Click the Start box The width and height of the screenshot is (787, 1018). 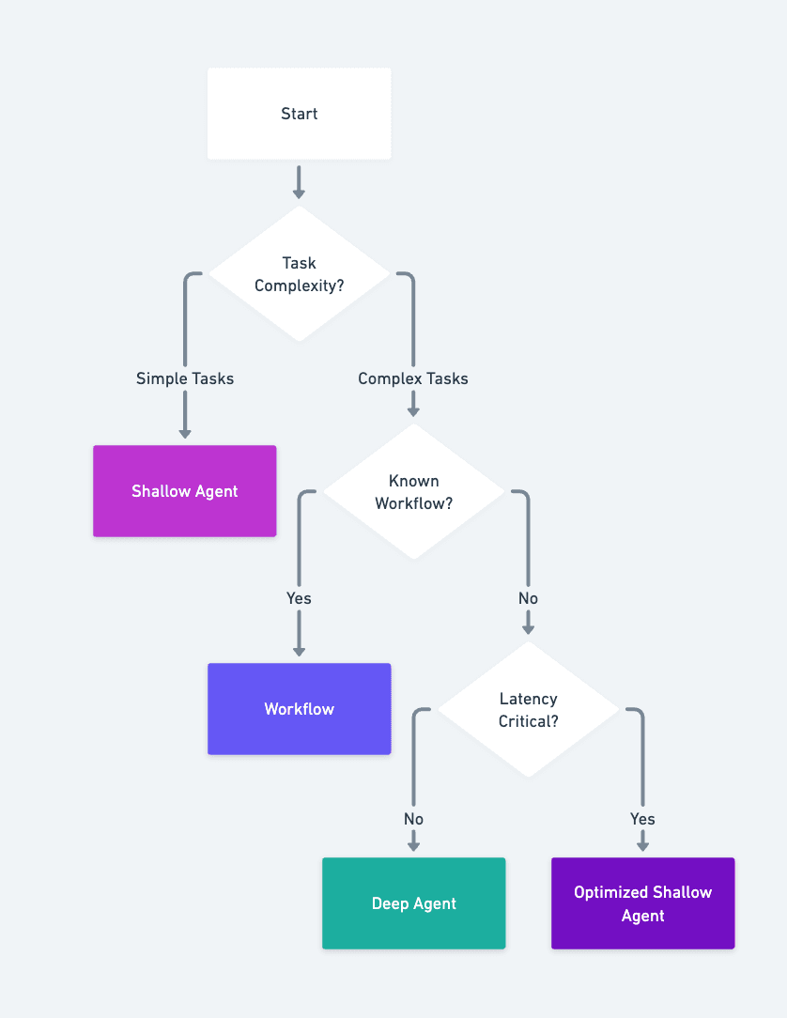click(299, 114)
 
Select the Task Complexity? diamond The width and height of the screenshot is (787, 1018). click(299, 274)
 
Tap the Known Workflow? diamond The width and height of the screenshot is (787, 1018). click(413, 492)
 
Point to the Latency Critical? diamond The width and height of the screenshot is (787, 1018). click(528, 710)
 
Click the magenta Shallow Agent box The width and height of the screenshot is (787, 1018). click(185, 491)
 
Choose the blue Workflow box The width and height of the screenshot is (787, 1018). click(299, 709)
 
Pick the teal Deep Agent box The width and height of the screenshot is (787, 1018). click(413, 903)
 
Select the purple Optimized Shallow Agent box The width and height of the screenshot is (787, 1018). click(642, 903)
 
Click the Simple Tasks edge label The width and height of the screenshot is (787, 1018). click(185, 378)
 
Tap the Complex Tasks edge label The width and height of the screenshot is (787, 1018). click(413, 378)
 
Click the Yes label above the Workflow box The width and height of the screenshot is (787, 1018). click(299, 598)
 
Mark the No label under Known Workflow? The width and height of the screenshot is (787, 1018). click(528, 598)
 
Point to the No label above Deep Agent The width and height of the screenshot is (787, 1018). click(413, 819)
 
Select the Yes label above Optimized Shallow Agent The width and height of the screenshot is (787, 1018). click(642, 819)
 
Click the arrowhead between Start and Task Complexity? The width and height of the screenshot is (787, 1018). click(299, 193)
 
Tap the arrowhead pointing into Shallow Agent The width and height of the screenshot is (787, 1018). click(185, 433)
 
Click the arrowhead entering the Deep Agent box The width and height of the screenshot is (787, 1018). click(413, 845)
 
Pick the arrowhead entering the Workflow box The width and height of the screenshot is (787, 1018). click(299, 651)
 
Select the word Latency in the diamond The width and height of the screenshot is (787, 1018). click(528, 699)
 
